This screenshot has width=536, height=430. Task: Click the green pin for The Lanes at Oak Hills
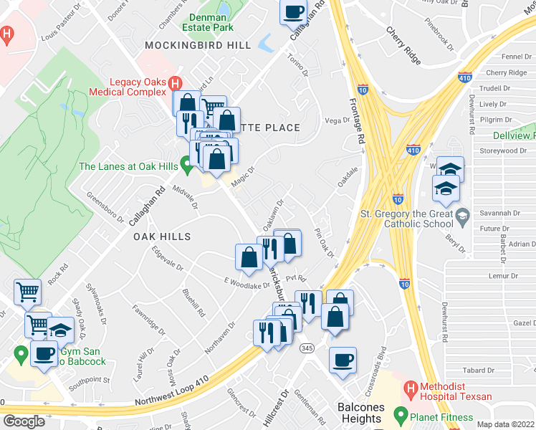[x=187, y=167]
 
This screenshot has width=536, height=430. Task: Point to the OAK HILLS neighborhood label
[x=161, y=236]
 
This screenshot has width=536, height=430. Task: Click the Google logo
[x=24, y=421]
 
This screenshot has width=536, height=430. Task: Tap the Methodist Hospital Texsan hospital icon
[x=410, y=391]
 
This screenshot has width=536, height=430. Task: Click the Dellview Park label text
[x=515, y=135]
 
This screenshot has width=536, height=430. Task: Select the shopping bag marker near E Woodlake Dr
[x=249, y=258]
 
